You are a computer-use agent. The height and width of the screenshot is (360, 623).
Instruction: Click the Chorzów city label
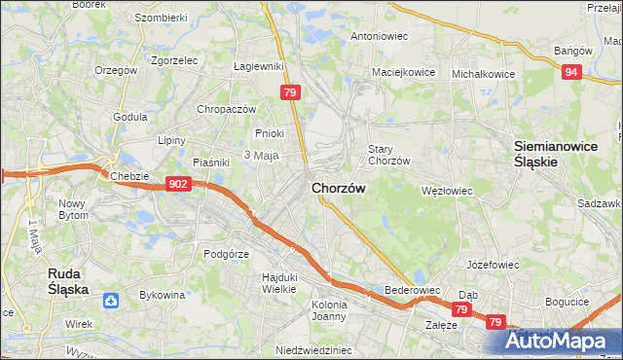339,188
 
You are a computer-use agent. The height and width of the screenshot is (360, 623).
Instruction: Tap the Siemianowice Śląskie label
548,154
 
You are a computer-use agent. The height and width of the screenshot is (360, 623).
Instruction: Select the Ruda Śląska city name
69,281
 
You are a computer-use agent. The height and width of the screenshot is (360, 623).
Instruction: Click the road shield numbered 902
177,183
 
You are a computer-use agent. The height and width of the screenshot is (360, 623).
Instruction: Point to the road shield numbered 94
572,72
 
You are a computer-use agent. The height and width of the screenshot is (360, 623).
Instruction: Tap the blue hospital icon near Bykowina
113,301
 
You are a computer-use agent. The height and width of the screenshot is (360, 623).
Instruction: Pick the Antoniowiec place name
379,36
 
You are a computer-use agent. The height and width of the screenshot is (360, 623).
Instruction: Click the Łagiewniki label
258,66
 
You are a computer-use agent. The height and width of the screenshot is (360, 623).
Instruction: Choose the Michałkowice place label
483,73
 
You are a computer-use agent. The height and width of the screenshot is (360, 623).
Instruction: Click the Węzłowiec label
446,191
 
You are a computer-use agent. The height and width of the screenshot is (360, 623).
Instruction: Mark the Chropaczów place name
226,109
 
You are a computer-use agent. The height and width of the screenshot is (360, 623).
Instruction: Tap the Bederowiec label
414,290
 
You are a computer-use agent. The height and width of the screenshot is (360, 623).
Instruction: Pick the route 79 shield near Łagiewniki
289,92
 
